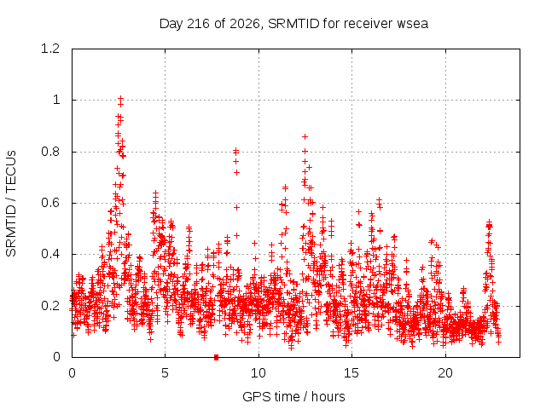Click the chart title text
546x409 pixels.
coord(293,24)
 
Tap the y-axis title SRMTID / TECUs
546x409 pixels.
coord(11,204)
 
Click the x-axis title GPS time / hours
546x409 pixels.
coord(293,396)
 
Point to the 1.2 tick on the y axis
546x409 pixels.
coord(50,49)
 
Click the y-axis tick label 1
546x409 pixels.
coord(56,101)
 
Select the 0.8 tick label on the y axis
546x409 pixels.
coord(50,152)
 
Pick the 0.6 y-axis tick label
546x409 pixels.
coord(50,203)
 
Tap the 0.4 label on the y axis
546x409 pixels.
coord(50,254)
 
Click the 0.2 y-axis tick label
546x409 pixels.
coord(50,306)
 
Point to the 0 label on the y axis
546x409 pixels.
coord(56,357)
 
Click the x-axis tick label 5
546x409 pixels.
coord(165,373)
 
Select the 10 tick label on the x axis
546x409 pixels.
coord(258,373)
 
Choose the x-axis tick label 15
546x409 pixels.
coord(351,373)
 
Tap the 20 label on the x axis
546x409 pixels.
coord(445,373)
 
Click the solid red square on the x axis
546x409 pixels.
coord(216,357)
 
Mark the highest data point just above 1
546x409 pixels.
coord(121,99)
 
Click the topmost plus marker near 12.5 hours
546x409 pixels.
coord(305,136)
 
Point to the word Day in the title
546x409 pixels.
coord(171,25)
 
